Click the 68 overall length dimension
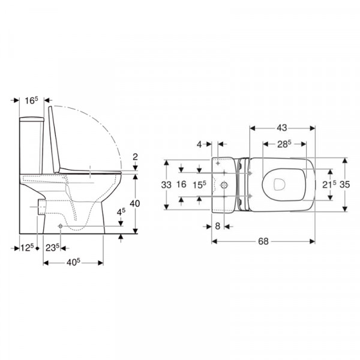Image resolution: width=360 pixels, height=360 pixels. pyautogui.click(x=263, y=242)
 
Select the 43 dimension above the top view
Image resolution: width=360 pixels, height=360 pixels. pyautogui.click(x=282, y=128)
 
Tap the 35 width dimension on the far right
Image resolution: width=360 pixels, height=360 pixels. pyautogui.click(x=344, y=184)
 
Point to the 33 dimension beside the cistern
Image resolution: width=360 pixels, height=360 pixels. pyautogui.click(x=166, y=185)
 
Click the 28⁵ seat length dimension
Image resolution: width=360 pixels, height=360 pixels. pyautogui.click(x=284, y=144)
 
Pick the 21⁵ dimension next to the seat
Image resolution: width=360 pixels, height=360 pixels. pyautogui.click(x=329, y=184)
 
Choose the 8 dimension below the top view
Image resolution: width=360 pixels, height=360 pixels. pyautogui.click(x=218, y=226)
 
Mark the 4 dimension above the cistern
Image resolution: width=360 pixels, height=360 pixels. pyautogui.click(x=199, y=145)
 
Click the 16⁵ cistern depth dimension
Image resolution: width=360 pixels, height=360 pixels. pyautogui.click(x=31, y=100)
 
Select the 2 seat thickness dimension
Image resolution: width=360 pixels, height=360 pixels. pyautogui.click(x=135, y=157)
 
